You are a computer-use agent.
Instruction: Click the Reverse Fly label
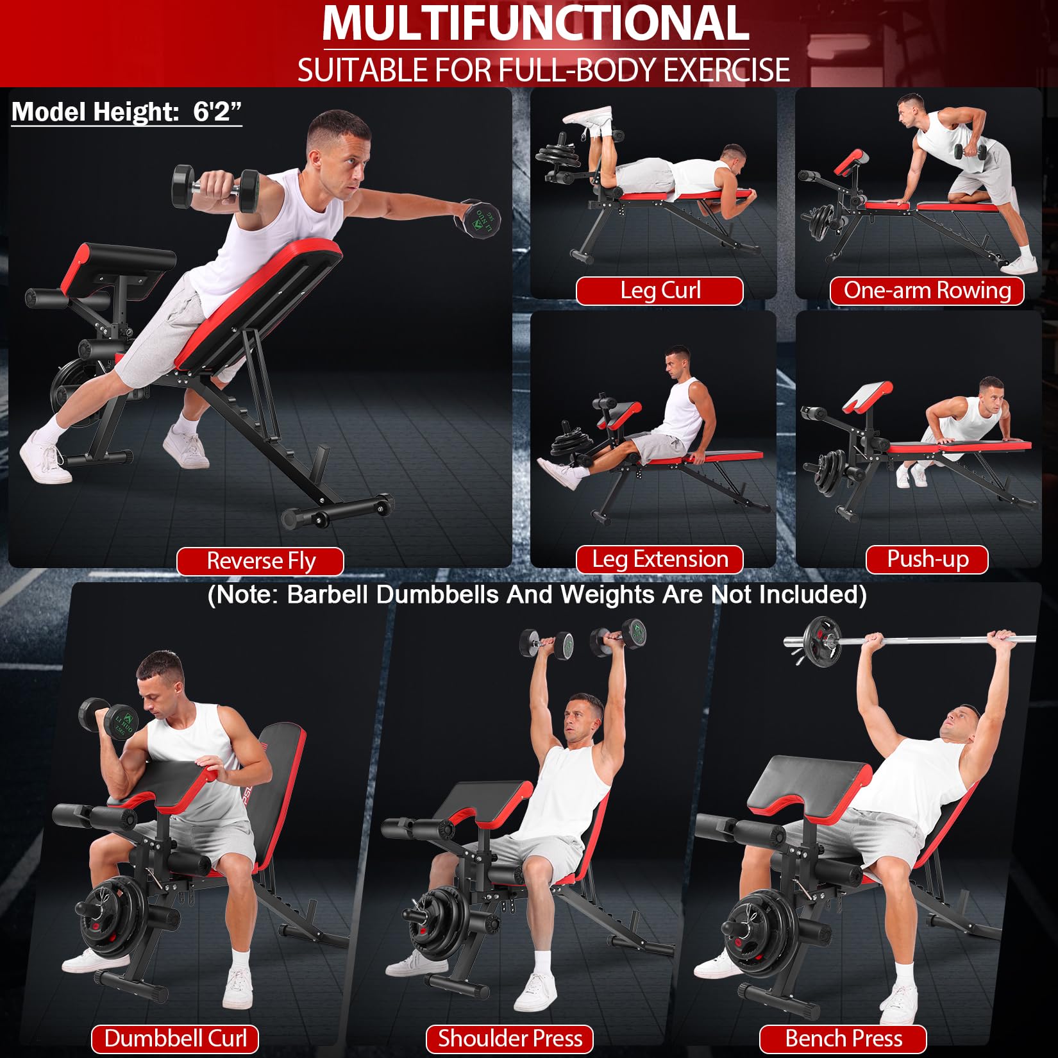[x=260, y=561]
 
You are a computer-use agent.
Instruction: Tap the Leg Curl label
[x=660, y=290]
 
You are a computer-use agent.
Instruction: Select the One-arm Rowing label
[x=927, y=290]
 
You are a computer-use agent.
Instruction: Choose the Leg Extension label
[x=660, y=559]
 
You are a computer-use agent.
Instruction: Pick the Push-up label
[x=927, y=559]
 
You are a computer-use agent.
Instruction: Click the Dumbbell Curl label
[x=175, y=1038]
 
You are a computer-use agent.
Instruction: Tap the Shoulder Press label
[x=510, y=1038]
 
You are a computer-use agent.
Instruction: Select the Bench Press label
[x=843, y=1038]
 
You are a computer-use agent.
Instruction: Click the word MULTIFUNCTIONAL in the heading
[x=535, y=24]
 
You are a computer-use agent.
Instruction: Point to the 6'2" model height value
[x=217, y=112]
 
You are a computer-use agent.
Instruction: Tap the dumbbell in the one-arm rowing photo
[x=970, y=152]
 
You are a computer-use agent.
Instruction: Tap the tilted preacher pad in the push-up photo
[x=868, y=396]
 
